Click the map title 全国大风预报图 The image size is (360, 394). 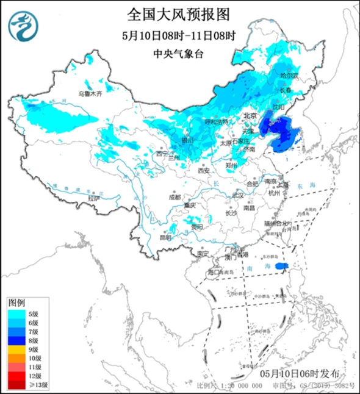181,13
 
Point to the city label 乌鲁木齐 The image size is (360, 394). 90,95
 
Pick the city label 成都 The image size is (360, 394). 175,196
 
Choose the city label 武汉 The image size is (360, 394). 238,196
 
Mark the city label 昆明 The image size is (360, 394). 165,237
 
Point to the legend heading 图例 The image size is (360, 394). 16,303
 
